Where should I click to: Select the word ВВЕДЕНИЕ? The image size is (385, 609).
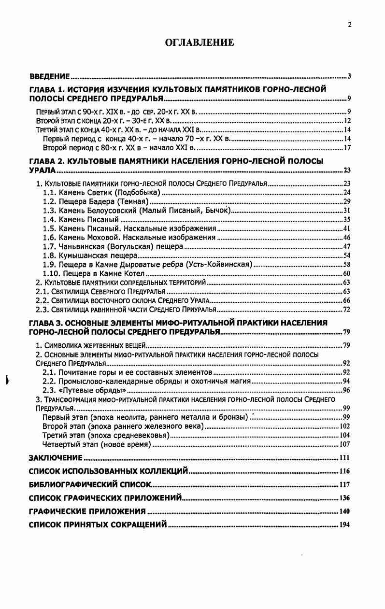(x=50, y=76)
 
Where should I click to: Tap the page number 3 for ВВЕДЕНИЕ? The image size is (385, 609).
(x=348, y=76)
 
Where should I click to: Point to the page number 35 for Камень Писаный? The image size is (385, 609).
(x=346, y=219)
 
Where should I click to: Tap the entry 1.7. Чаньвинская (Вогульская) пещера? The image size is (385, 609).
(x=113, y=246)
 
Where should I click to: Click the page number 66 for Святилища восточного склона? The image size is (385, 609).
(x=346, y=300)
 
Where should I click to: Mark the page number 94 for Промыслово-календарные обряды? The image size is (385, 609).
(x=346, y=381)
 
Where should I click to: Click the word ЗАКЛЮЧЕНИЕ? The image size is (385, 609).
(x=55, y=457)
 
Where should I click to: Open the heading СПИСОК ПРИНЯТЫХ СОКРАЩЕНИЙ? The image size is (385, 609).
(x=98, y=524)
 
